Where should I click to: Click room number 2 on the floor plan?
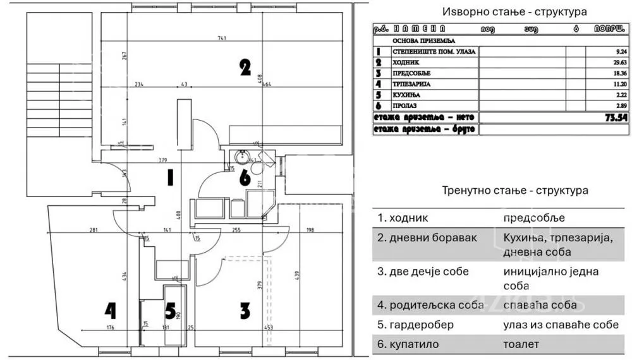tap(245, 67)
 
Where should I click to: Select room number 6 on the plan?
tap(245, 178)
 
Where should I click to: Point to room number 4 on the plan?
tap(111, 310)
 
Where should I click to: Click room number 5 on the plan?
tap(170, 311)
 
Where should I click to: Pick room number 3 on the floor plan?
tap(245, 310)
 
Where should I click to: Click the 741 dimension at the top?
tap(222, 39)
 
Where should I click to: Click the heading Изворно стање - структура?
tap(514, 12)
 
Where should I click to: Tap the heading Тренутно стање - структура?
tap(515, 190)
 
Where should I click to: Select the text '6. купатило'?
tap(408, 345)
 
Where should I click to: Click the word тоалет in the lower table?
tap(521, 345)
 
